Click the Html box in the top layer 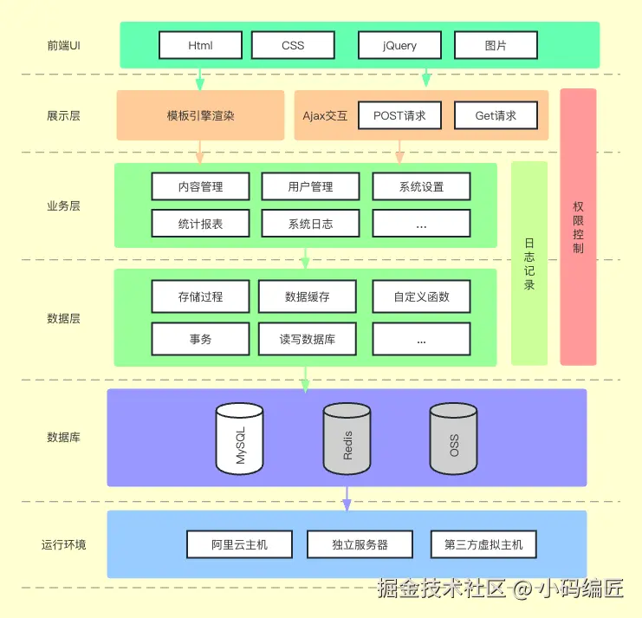(200, 45)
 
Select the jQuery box (399, 45)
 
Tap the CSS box (293, 45)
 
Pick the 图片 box (496, 45)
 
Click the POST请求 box (399, 115)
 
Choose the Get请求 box (496, 115)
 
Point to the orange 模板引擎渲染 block (200, 115)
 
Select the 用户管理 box (310, 186)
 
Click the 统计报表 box (200, 224)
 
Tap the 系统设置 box (422, 186)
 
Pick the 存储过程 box (200, 296)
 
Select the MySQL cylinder (240, 439)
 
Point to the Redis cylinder (347, 439)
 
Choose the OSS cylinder (454, 439)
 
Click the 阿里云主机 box (240, 544)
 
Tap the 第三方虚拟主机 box (483, 544)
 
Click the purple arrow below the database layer (347, 498)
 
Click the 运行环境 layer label (63, 545)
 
